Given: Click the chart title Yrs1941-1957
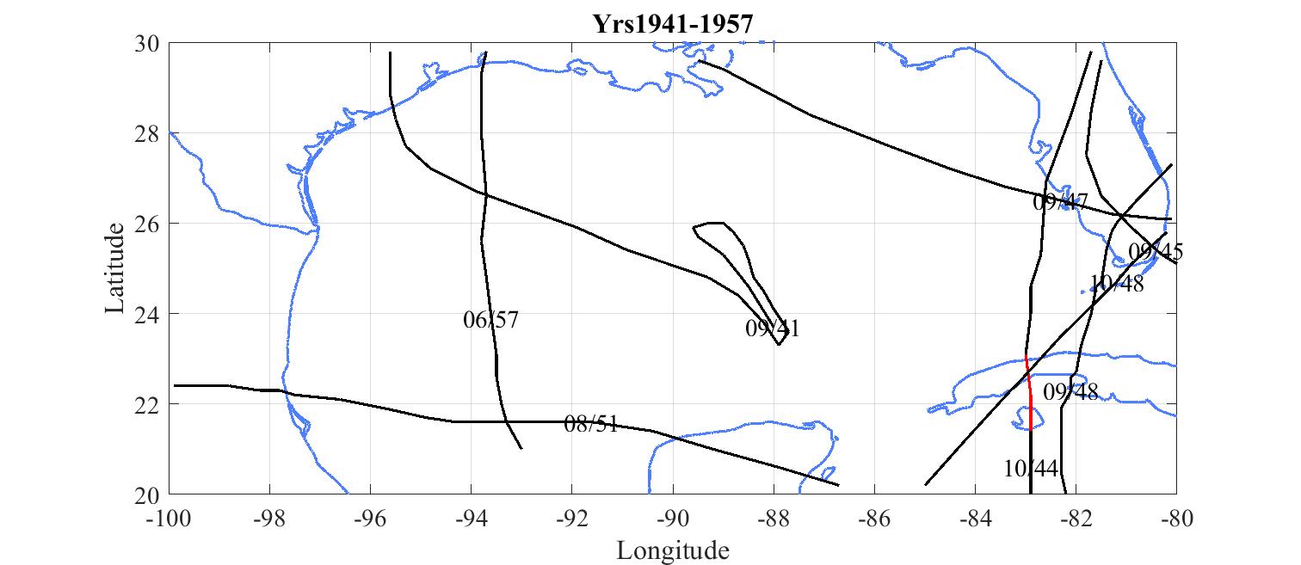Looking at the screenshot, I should pos(673,24).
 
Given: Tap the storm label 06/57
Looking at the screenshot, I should pos(490,321).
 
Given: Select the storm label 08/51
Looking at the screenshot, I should pos(591,424).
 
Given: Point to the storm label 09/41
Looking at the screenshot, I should pos(773,329).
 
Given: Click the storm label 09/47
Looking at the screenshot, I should pos(1061,202).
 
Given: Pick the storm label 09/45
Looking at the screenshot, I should pos(1156,252).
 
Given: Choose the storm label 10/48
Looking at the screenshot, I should pos(1117,284).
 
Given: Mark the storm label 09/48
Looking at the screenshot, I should pos(1070,392).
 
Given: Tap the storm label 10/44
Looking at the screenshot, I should pos(1030,469).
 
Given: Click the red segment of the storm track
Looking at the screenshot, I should pos(1030,396).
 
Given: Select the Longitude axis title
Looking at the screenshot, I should pos(673,550).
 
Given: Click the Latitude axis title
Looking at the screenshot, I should pos(115,268).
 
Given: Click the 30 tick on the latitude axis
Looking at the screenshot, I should pos(151,43).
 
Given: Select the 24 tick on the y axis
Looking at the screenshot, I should pos(151,314).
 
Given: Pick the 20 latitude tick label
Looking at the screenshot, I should pos(151,494).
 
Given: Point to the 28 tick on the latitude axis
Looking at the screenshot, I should pos(151,133).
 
